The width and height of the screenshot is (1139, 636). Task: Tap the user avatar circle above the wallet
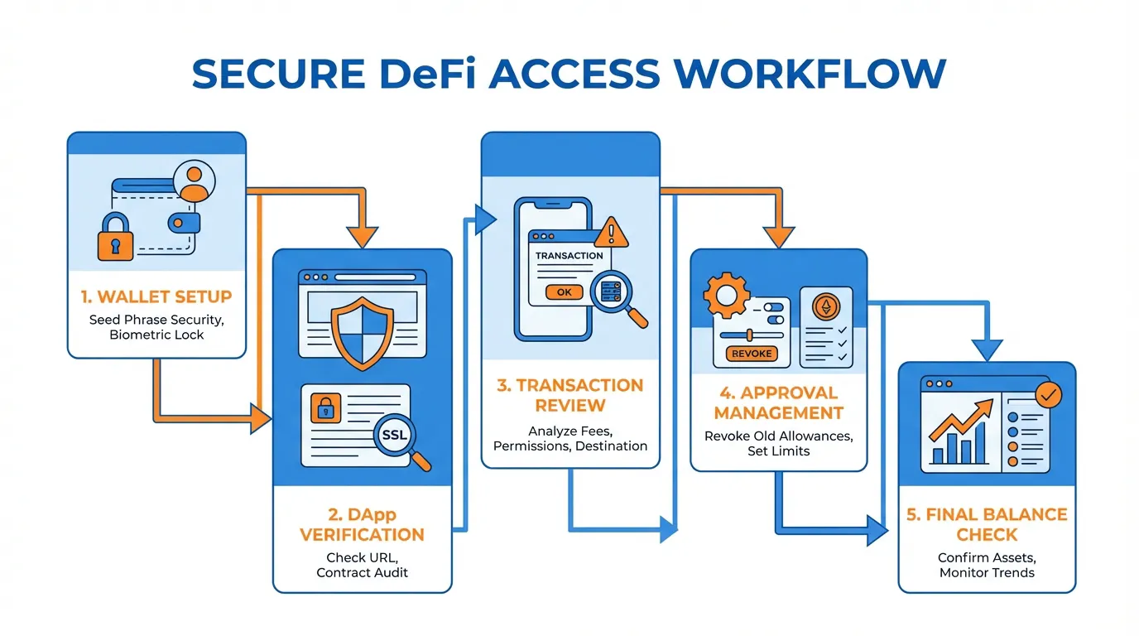[x=194, y=181]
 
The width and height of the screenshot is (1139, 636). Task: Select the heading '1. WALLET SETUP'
[x=156, y=296]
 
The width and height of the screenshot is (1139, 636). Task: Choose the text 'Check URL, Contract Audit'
[x=363, y=565]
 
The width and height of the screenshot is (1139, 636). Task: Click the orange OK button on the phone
[x=564, y=291]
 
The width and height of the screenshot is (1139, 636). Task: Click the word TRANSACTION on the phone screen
[x=569, y=256]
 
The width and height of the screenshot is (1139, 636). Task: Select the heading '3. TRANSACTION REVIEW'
[x=570, y=395]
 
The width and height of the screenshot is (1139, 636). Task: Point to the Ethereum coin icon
[x=825, y=309]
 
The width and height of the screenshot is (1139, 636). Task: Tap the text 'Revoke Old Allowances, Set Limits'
[x=778, y=444]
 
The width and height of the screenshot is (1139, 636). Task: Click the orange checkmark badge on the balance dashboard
[x=1048, y=395]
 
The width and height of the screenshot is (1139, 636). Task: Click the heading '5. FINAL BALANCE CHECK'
[x=987, y=524]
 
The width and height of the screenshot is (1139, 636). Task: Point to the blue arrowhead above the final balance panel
[x=986, y=349]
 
